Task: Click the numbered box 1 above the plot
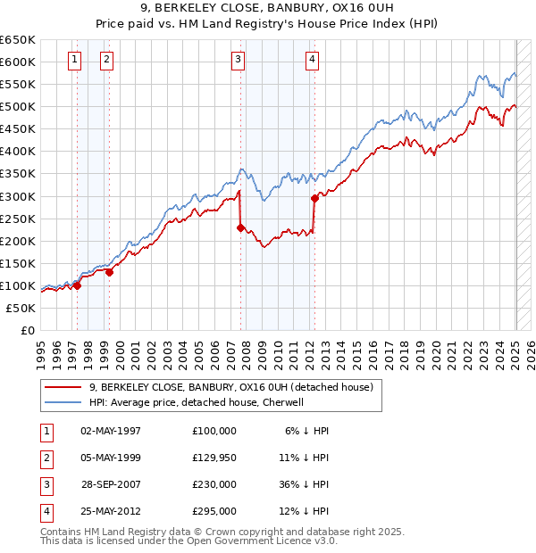point(73,60)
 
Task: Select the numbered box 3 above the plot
point(239,60)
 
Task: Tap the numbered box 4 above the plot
point(312,60)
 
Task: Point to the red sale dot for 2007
point(240,227)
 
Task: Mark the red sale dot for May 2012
point(314,198)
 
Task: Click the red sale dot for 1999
point(109,272)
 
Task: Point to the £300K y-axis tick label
point(19,196)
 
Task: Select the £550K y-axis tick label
point(19,85)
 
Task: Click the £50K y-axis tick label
point(22,308)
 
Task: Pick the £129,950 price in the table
point(214,458)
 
